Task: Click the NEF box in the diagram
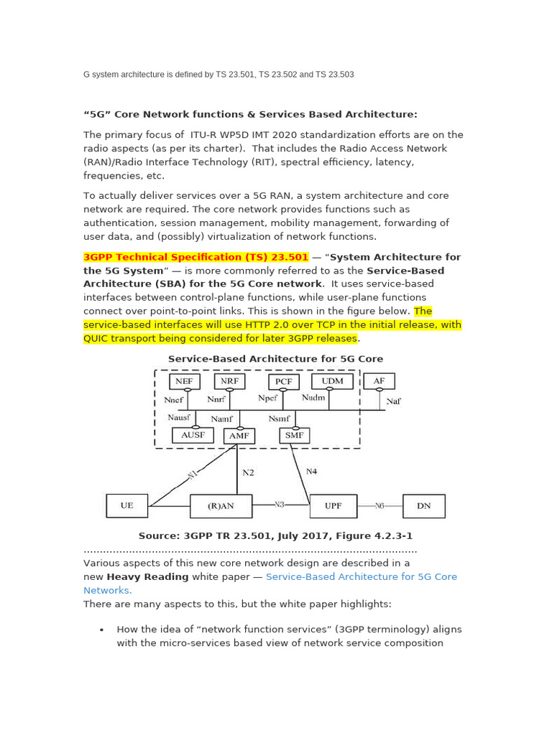click(185, 382)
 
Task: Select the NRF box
click(229, 381)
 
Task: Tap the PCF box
click(284, 382)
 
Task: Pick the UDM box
click(332, 381)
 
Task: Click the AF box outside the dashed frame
click(379, 381)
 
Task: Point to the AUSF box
click(193, 435)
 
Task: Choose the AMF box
click(239, 436)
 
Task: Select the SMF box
click(294, 435)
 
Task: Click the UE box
click(126, 505)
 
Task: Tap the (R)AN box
click(221, 505)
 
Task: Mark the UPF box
click(333, 505)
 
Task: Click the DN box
click(423, 505)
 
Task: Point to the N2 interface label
click(248, 473)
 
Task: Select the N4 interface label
click(311, 472)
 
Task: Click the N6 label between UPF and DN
click(379, 505)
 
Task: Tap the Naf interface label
click(393, 402)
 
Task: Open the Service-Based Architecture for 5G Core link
click(361, 576)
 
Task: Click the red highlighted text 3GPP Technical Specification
click(195, 257)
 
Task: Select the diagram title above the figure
click(275, 359)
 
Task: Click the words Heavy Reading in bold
click(147, 576)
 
